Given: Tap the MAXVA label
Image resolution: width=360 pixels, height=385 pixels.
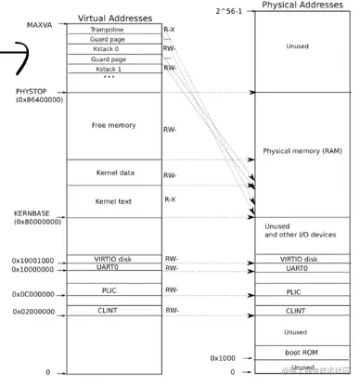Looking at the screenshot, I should pyautogui.click(x=41, y=23).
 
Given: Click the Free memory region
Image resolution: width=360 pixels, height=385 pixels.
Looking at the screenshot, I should pyautogui.click(x=113, y=125).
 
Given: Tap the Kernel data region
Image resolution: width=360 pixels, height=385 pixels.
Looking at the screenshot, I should pyautogui.click(x=113, y=173).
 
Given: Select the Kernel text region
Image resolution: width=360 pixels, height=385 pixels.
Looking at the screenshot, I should pyautogui.click(x=113, y=200).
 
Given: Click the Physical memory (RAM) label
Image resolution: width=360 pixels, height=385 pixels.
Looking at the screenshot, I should pyautogui.click(x=302, y=150).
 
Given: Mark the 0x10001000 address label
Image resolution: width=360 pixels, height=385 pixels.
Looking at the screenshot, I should pyautogui.click(x=33, y=261).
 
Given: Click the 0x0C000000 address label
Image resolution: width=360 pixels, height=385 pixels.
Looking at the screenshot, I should pyautogui.click(x=33, y=294).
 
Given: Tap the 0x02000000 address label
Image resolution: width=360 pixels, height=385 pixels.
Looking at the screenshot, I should pyautogui.click(x=33, y=313).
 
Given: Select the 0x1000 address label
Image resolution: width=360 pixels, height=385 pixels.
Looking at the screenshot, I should pyautogui.click(x=223, y=357).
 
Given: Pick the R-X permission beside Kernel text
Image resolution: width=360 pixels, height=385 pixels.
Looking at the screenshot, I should pyautogui.click(x=171, y=199).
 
